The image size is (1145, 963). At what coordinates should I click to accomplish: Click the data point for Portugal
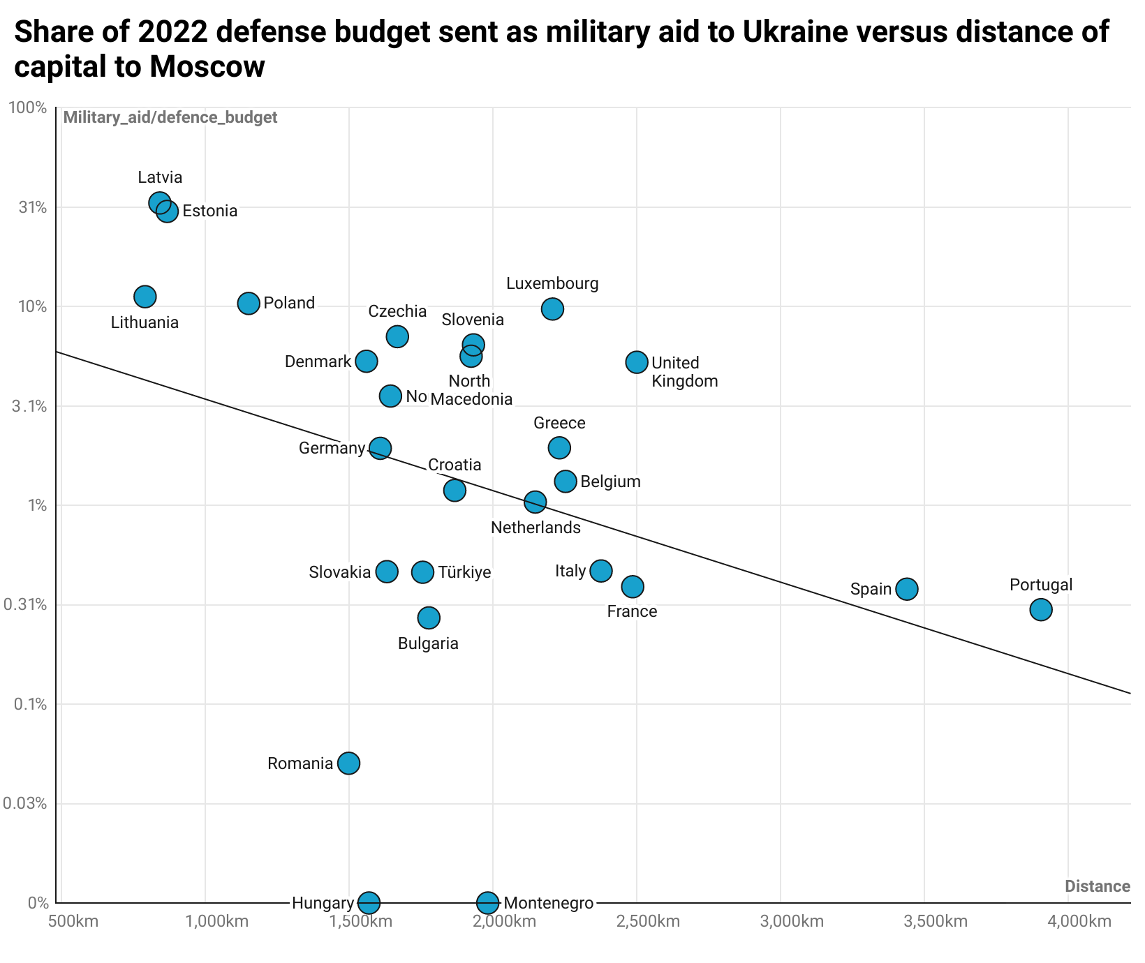click(1040, 609)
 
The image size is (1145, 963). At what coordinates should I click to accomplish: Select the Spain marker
click(907, 589)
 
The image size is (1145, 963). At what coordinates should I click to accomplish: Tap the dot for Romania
click(349, 763)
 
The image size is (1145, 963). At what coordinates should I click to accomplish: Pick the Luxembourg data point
click(552, 308)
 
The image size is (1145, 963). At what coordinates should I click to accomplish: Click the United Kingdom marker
click(637, 361)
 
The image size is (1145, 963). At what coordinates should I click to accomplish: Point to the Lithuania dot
click(145, 296)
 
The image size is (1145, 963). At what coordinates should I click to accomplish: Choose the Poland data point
click(249, 303)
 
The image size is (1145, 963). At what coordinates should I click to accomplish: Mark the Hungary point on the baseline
click(369, 902)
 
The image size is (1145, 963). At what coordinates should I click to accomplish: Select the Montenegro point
click(488, 902)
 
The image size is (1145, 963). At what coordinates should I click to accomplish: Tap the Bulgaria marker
click(429, 618)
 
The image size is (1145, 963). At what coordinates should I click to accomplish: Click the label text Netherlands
click(535, 528)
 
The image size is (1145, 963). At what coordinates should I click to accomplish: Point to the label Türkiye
click(464, 572)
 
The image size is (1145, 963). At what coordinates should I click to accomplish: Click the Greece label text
click(559, 423)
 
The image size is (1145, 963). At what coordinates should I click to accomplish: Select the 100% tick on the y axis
click(27, 107)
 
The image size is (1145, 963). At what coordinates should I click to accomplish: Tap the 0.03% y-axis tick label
click(25, 803)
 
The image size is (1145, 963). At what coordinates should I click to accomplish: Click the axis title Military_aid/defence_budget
click(170, 117)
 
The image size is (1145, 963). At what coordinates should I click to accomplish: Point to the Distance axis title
click(1097, 886)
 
